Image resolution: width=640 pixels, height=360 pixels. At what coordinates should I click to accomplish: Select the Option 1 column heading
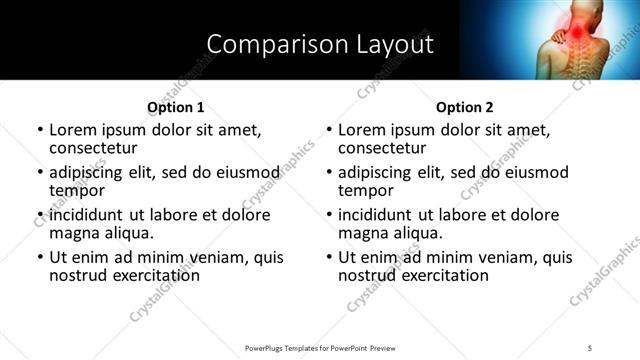(175, 107)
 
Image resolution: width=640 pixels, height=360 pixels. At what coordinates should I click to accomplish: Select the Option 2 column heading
(464, 107)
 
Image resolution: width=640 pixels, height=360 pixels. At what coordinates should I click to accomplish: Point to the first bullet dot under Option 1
(40, 130)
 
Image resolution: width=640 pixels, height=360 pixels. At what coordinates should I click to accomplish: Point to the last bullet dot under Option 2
(329, 257)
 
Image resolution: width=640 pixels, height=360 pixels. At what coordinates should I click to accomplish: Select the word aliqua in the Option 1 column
(128, 232)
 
